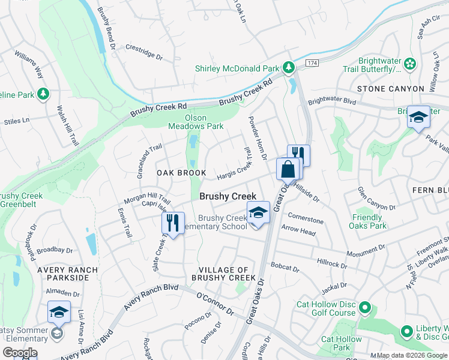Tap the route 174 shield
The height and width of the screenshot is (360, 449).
311,62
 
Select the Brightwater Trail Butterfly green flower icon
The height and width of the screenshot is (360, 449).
410,64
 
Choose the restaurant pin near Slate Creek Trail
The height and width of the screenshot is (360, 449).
172,223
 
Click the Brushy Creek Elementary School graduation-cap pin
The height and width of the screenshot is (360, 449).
258,214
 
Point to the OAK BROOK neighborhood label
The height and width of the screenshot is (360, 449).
181,173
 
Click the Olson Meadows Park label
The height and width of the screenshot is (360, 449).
204,122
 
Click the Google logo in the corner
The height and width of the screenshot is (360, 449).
19,353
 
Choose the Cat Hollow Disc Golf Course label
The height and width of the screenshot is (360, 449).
326,308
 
